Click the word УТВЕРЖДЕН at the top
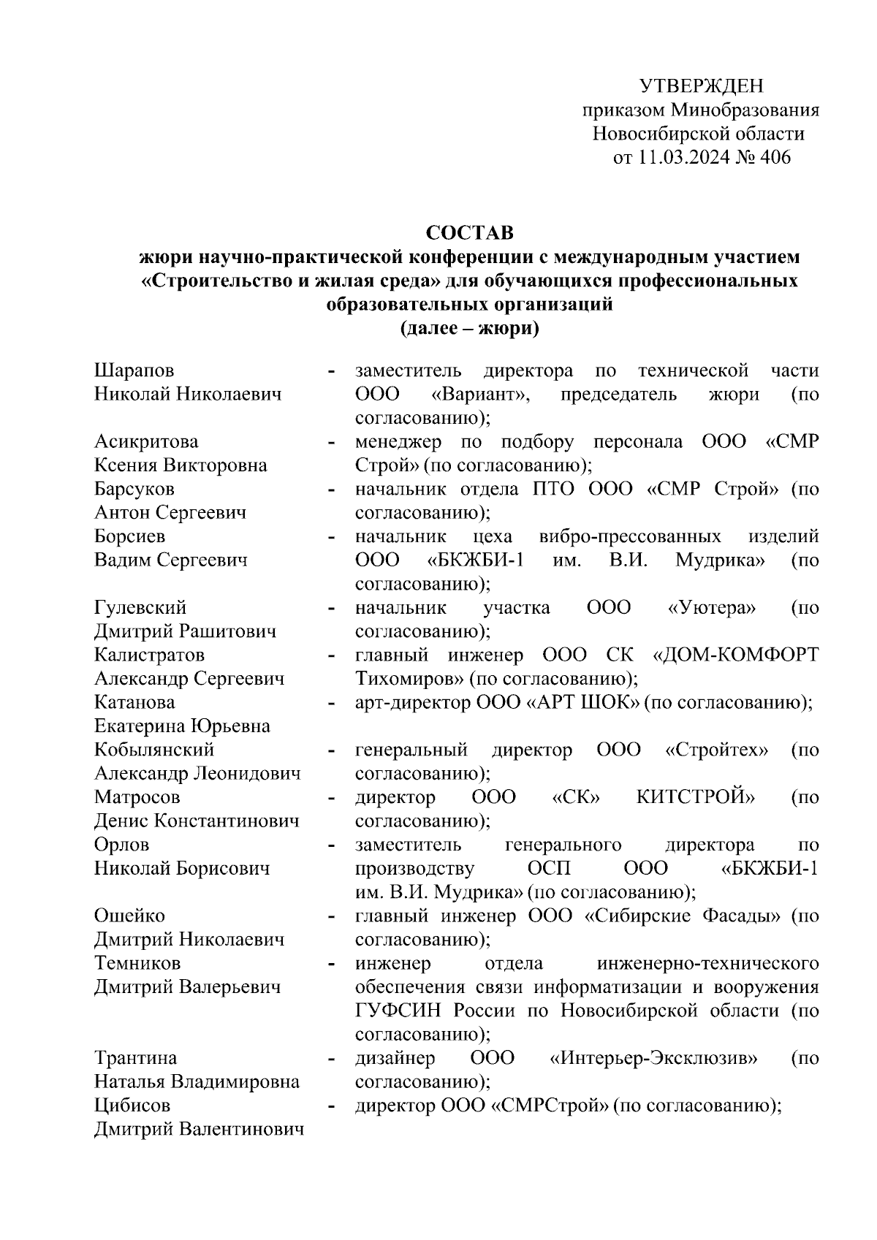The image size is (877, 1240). (x=701, y=86)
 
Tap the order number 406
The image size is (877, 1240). (x=775, y=157)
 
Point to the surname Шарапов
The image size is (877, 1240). (x=134, y=370)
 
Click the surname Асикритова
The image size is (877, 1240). (x=146, y=441)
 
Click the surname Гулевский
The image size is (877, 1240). (x=140, y=607)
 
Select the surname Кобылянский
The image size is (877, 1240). (x=154, y=750)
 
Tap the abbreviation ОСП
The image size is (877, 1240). (x=549, y=868)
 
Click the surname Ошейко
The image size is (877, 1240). (x=129, y=916)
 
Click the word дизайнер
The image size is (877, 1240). (x=395, y=1058)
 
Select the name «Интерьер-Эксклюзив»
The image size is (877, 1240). (x=653, y=1058)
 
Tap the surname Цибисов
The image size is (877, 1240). (x=132, y=1106)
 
